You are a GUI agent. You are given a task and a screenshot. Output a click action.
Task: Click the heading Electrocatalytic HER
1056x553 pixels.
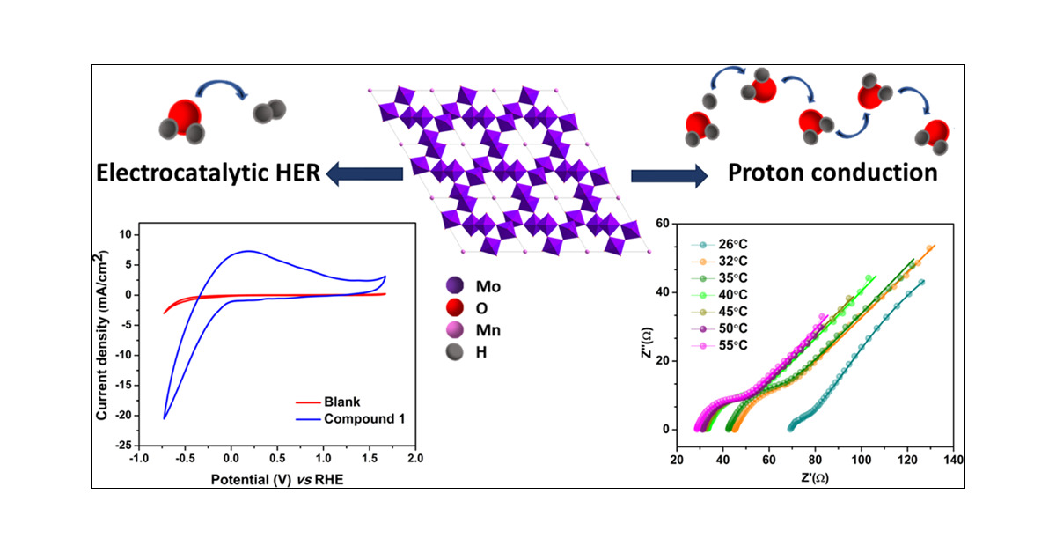[207, 174]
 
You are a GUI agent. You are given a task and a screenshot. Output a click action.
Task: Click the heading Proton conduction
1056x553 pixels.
[832, 173]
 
